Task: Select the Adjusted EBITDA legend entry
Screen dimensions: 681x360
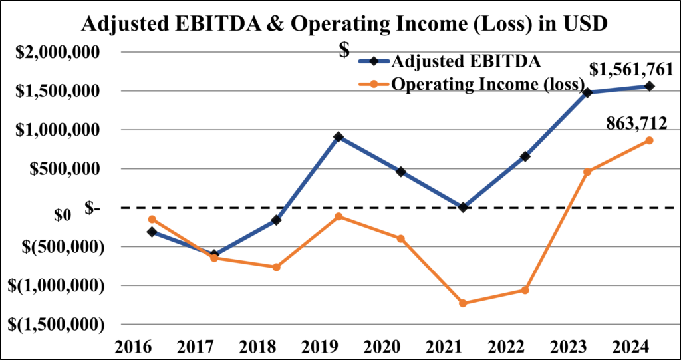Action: (450, 61)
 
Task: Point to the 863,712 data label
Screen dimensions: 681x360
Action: (636, 124)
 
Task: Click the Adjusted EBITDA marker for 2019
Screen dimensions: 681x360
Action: (339, 137)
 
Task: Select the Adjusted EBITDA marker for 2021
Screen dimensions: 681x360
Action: (463, 208)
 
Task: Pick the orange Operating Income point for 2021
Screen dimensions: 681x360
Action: (463, 303)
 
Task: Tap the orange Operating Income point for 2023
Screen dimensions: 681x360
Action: (587, 172)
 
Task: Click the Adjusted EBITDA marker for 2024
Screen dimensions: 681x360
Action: (649, 86)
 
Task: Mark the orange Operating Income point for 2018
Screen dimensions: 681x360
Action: (276, 267)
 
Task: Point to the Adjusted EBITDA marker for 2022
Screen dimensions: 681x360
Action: (525, 156)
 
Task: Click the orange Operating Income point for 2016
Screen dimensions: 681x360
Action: (152, 219)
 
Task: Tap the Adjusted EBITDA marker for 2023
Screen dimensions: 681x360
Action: (587, 92)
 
